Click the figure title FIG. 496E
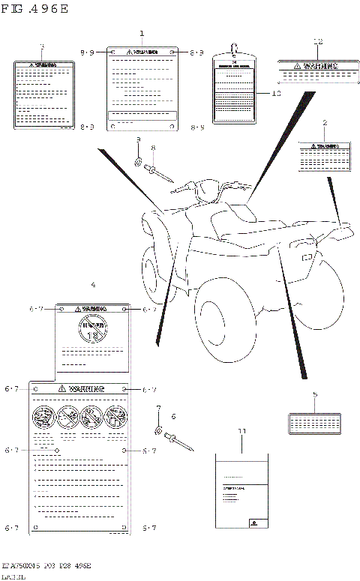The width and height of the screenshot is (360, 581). coord(36,10)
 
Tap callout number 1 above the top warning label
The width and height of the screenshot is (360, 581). coord(142,34)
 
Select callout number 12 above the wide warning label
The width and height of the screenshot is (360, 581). coord(317,42)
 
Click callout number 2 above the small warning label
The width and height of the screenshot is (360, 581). coord(325,122)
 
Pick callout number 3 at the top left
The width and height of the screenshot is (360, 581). coord(42,46)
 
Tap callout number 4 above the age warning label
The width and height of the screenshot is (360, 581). coord(93,285)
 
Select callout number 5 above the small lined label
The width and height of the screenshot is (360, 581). coord(315,394)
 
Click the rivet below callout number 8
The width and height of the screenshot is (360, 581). coord(160,173)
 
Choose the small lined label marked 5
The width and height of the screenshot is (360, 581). coord(314,422)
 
